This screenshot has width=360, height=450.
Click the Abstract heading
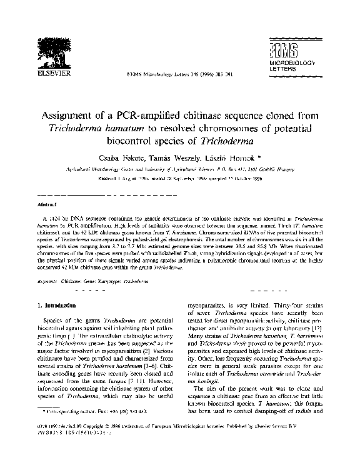click(x=47, y=204)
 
